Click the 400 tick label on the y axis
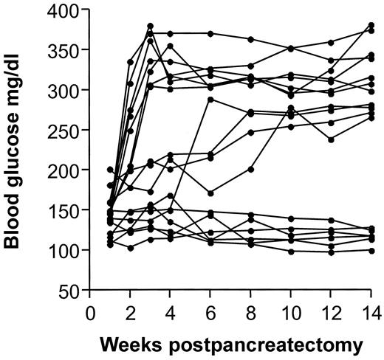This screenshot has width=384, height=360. coord(64,11)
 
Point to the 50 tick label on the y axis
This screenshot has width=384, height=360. coord(70,291)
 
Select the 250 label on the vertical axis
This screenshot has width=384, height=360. coord(64,131)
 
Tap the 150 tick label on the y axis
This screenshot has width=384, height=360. coord(64,210)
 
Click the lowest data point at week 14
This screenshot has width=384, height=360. coord(371,251)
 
